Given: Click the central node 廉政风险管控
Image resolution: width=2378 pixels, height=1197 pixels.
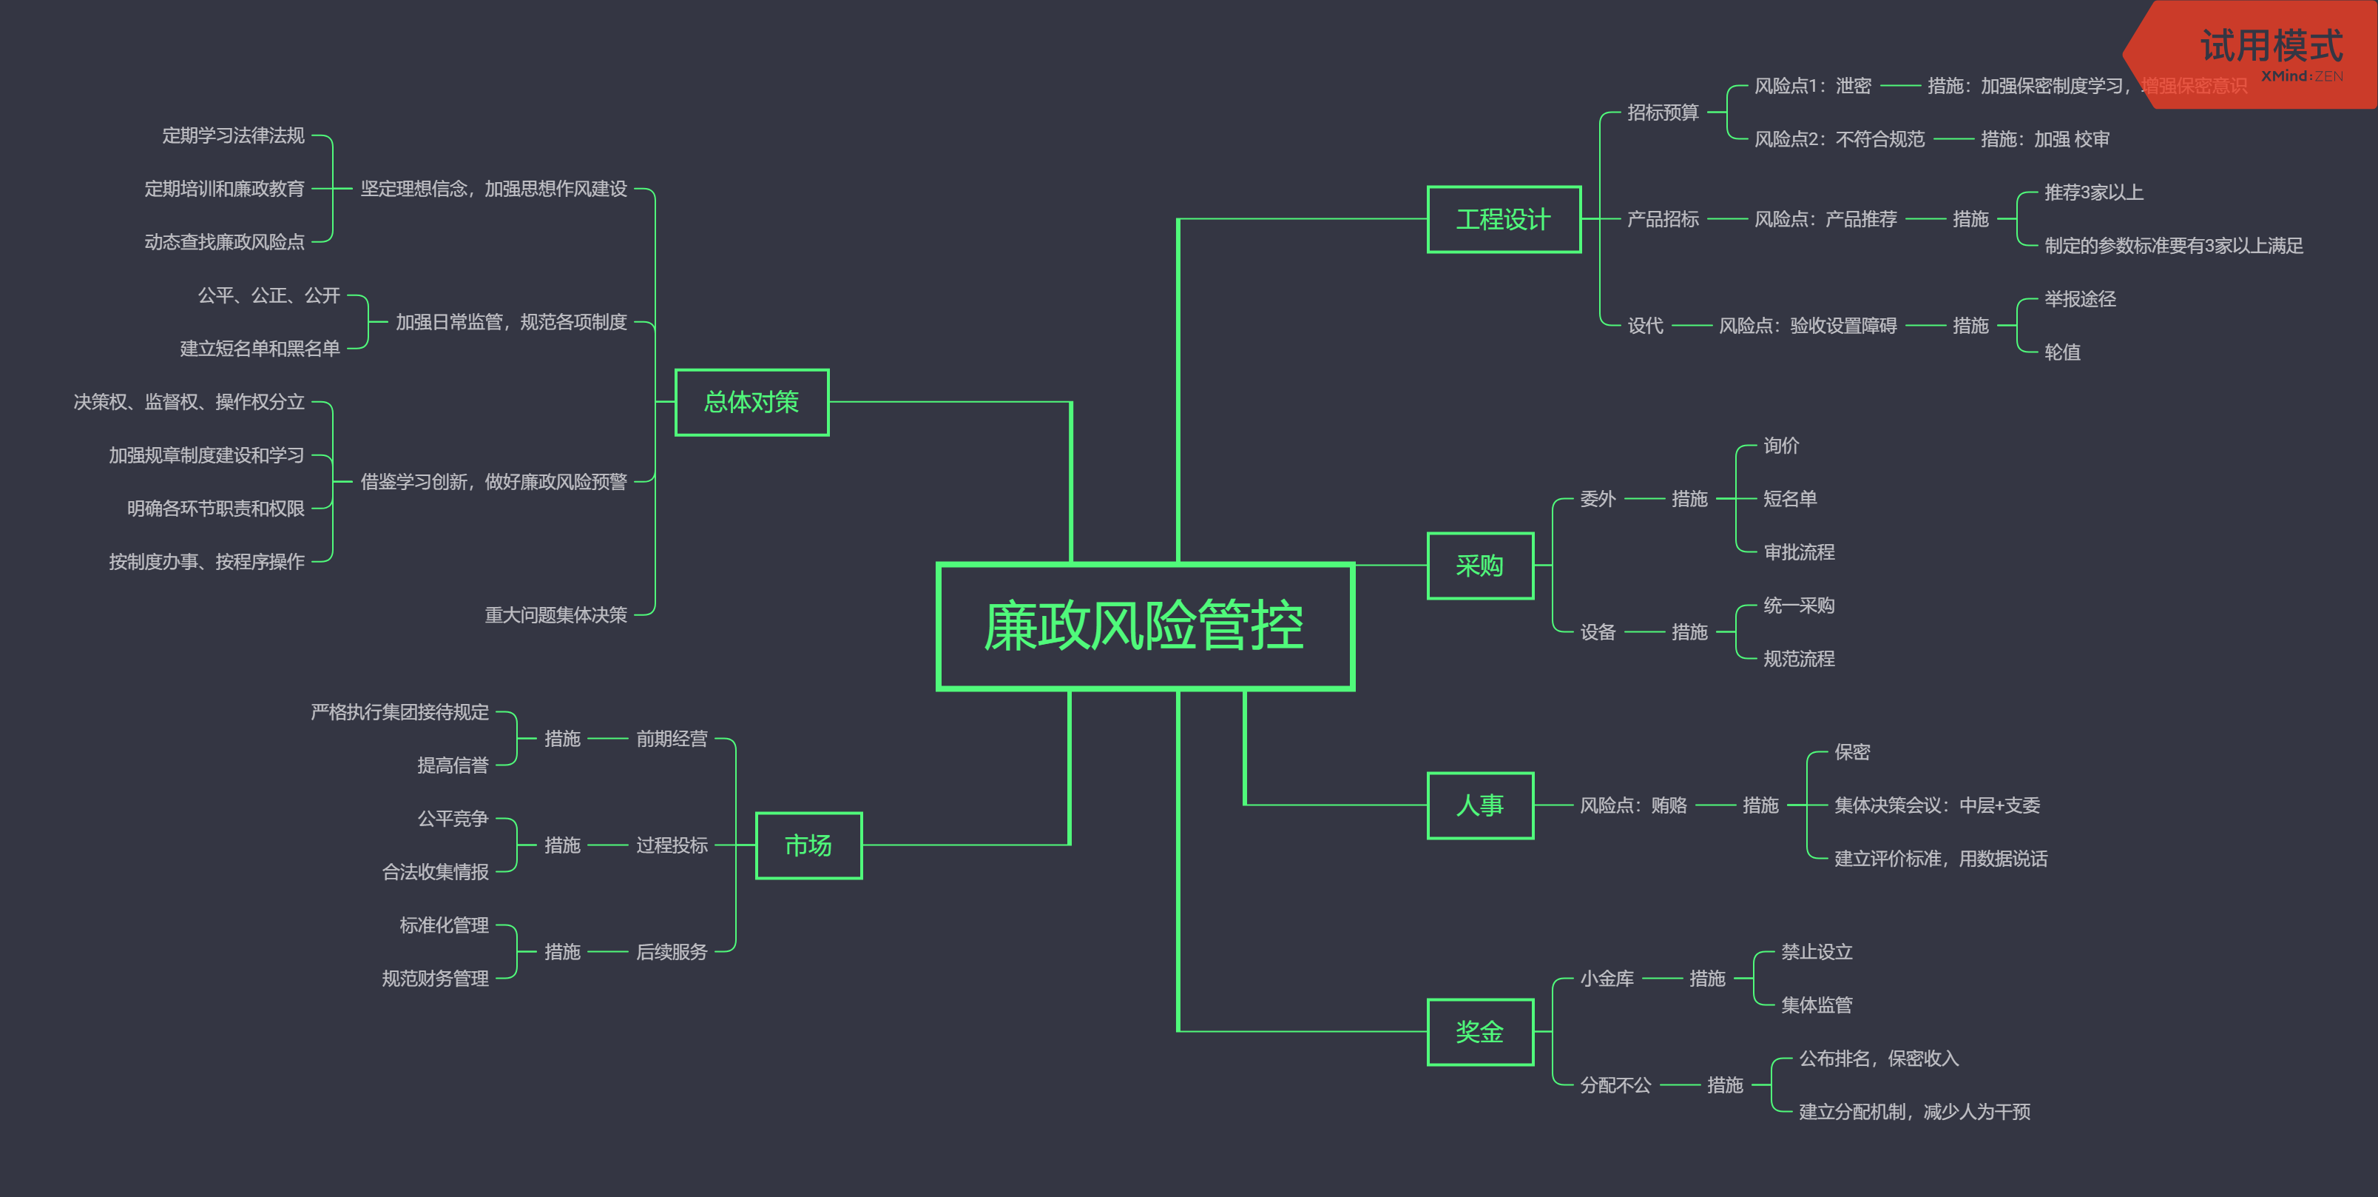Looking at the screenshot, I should point(1145,626).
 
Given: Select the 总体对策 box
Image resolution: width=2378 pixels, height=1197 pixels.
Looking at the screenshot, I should point(751,402).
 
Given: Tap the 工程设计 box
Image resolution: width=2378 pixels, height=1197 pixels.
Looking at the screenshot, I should point(1503,219).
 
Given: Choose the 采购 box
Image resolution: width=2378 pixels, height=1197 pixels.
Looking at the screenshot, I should point(1480,566).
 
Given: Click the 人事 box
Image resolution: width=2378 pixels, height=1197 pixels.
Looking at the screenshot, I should point(1480,805).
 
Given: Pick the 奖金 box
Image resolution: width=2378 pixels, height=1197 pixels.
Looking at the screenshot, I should point(1480,1032).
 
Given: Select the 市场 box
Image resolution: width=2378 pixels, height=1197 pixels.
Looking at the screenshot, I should point(808,845).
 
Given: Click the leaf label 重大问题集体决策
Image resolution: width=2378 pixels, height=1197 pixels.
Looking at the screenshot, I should point(555,614).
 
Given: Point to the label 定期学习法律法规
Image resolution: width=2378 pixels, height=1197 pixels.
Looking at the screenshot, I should point(233,135).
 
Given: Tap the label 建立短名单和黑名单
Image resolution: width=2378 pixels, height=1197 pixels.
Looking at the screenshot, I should point(260,348).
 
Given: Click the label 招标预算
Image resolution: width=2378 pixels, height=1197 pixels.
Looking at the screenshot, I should point(1662,113).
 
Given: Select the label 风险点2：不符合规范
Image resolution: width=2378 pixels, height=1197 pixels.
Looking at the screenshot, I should point(1838,139).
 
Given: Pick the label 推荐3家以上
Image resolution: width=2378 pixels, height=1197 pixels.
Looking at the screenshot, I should point(2092,192).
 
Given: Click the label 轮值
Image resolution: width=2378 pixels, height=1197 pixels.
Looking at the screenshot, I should point(2061,352).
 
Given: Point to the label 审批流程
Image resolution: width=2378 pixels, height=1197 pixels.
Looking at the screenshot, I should point(1798,552).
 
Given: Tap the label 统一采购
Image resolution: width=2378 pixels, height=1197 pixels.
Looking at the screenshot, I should point(1798,606).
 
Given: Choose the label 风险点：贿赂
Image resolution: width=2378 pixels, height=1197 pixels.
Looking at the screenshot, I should point(1632,805).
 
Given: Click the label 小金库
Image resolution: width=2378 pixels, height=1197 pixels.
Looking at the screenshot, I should point(1607,978).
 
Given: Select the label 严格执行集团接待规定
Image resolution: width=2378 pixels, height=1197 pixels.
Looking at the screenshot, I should point(399,712).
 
